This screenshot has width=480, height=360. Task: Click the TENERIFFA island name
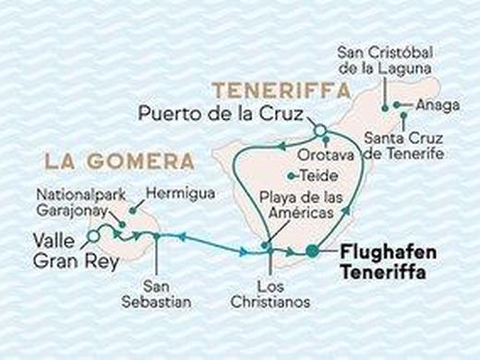click(282, 91)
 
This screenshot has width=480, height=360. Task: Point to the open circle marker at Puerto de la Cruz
click(319, 130)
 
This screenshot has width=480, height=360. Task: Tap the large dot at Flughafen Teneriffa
click(312, 250)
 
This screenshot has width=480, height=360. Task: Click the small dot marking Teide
click(292, 175)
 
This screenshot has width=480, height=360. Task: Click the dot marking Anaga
click(399, 104)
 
